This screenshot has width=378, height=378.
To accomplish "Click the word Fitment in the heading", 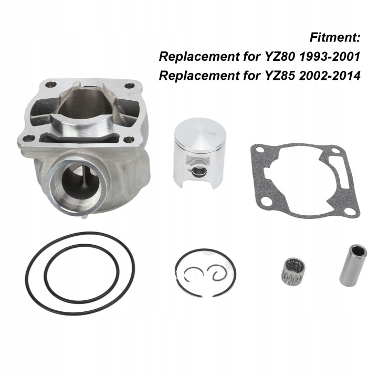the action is [x=333, y=38].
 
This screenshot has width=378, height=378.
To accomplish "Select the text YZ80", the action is [x=279, y=57].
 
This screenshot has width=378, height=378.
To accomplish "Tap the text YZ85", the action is [x=279, y=76].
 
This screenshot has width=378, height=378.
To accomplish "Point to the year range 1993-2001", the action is [x=330, y=57].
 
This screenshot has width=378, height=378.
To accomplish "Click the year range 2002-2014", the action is [x=330, y=76].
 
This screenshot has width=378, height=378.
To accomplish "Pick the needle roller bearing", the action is [x=292, y=269].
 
